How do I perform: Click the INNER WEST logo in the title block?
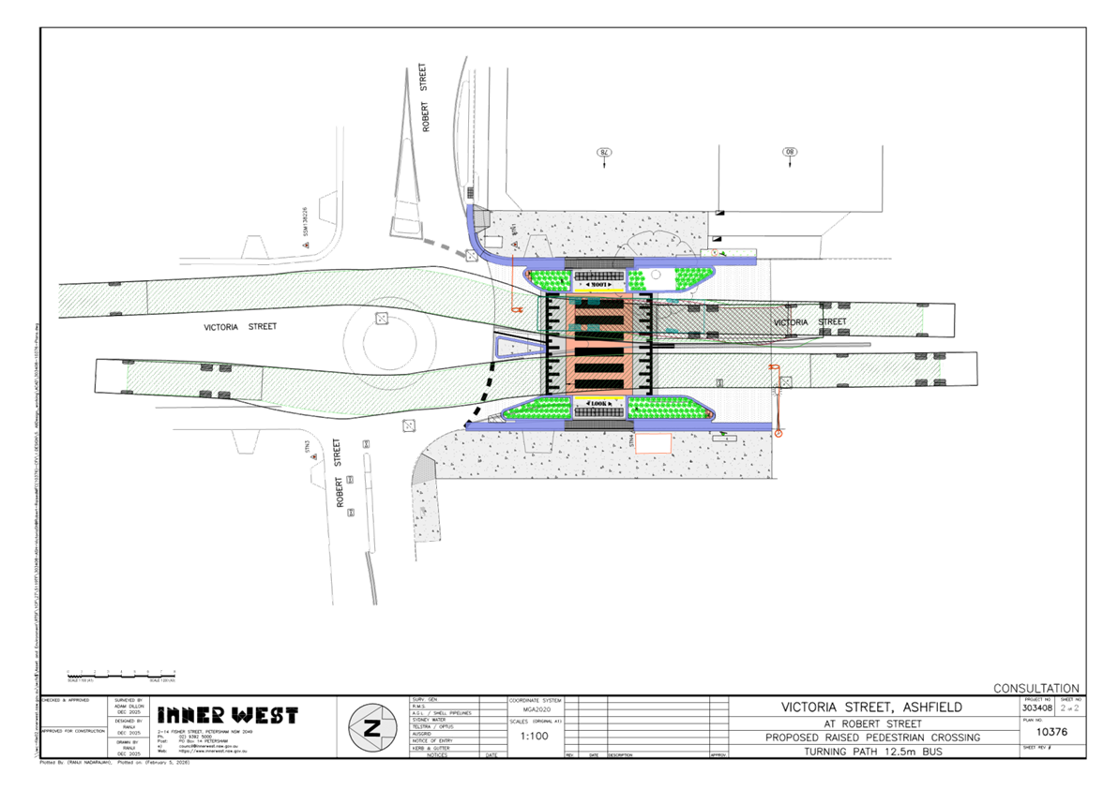(x=227, y=715)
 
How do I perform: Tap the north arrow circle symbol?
(x=371, y=727)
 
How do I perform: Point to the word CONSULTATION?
(x=1036, y=688)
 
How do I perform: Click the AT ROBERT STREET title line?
(x=872, y=723)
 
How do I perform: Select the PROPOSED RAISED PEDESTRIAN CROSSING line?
(x=872, y=738)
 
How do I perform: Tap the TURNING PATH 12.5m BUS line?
(x=872, y=752)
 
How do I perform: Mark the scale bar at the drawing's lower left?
(x=121, y=674)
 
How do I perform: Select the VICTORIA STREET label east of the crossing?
(x=809, y=322)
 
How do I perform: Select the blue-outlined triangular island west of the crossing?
(x=520, y=348)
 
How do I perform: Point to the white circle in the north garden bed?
(x=656, y=274)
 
